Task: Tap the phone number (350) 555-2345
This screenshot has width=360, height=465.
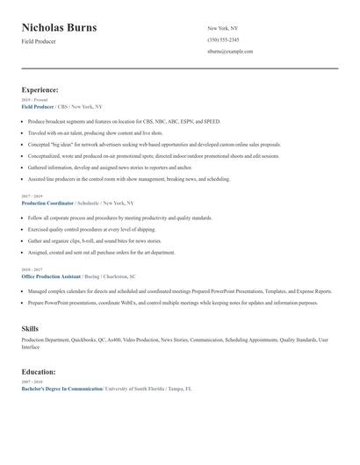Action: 222,39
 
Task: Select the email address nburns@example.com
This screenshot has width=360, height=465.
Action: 230,52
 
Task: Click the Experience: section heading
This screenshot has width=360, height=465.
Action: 40,89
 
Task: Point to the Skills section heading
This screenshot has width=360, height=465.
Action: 30,328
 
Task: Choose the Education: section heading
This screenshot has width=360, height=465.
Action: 39,371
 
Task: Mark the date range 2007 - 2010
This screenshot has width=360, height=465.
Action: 32,382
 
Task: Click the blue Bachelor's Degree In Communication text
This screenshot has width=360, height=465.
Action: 61,388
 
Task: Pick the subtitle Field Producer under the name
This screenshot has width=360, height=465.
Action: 39,41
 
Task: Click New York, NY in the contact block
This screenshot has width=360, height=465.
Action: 224,28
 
